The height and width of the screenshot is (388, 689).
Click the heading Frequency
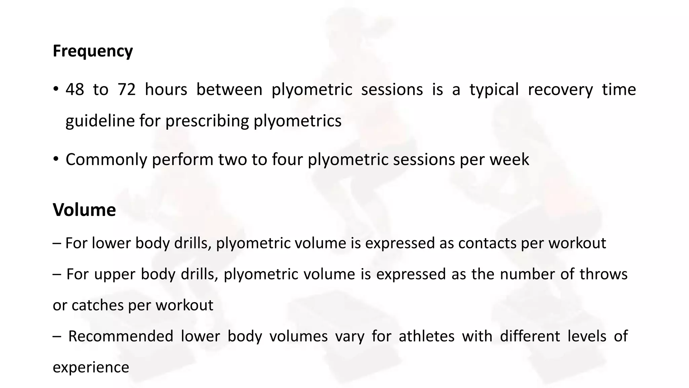(x=93, y=51)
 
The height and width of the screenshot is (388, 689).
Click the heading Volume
(x=84, y=210)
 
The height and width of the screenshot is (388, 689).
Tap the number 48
(x=75, y=90)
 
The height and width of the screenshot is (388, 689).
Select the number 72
(x=126, y=90)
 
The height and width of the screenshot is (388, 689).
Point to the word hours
(x=166, y=90)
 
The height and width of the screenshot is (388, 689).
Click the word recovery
(x=560, y=90)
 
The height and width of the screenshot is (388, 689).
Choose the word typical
(x=494, y=90)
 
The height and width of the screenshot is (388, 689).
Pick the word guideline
(x=100, y=121)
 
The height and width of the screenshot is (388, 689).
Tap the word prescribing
(x=207, y=121)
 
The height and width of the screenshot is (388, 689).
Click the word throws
(x=603, y=274)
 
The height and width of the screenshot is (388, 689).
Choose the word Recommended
(x=120, y=336)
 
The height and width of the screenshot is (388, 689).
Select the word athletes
(x=426, y=336)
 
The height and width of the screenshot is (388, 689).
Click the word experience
(x=91, y=367)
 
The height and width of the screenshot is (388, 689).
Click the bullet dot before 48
(x=56, y=90)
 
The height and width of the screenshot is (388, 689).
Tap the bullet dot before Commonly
(x=56, y=159)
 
